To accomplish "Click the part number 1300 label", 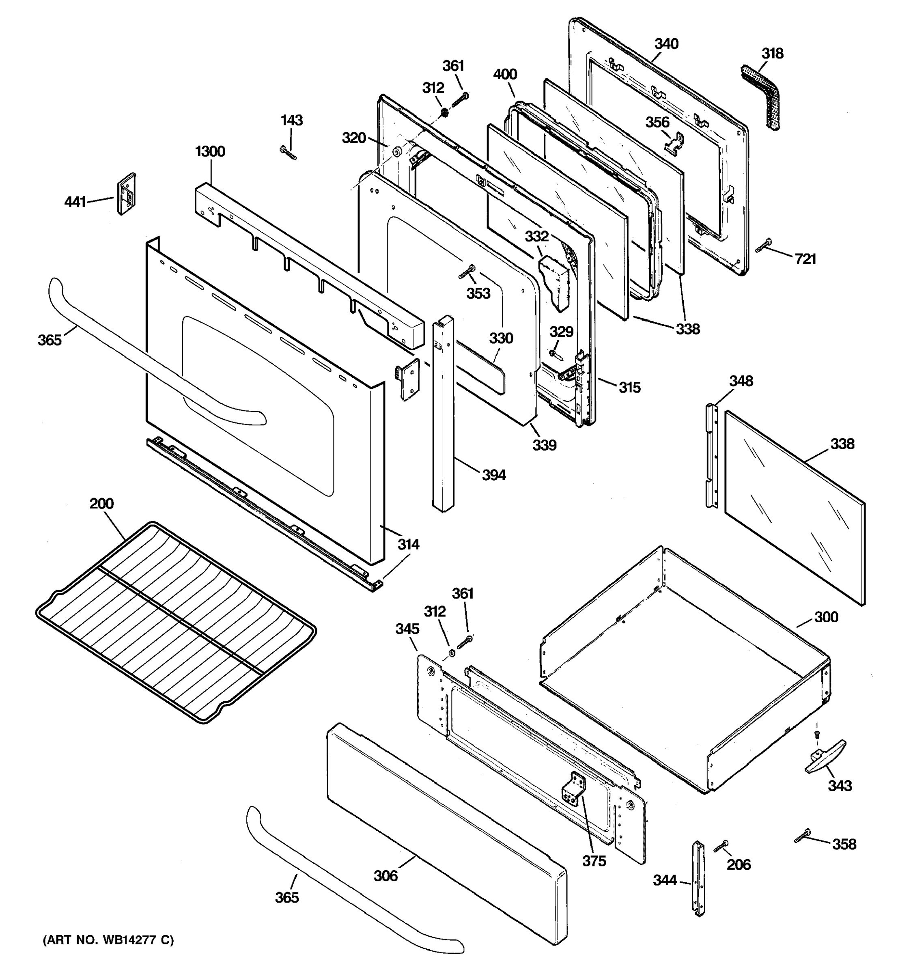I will (210, 151).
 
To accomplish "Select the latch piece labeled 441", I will (126, 194).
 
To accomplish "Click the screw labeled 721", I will (764, 246).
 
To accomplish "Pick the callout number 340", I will (666, 44).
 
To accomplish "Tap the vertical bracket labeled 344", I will (698, 878).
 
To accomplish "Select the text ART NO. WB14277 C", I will (108, 940).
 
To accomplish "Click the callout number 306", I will (385, 875).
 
